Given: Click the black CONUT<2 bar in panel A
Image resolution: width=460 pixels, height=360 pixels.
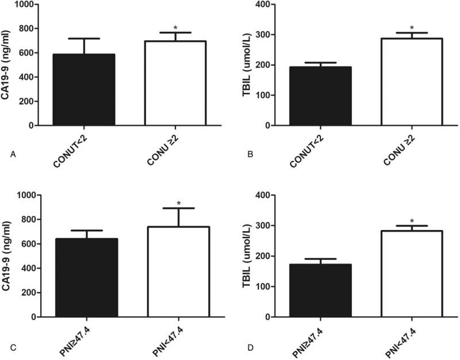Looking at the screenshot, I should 84,90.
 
